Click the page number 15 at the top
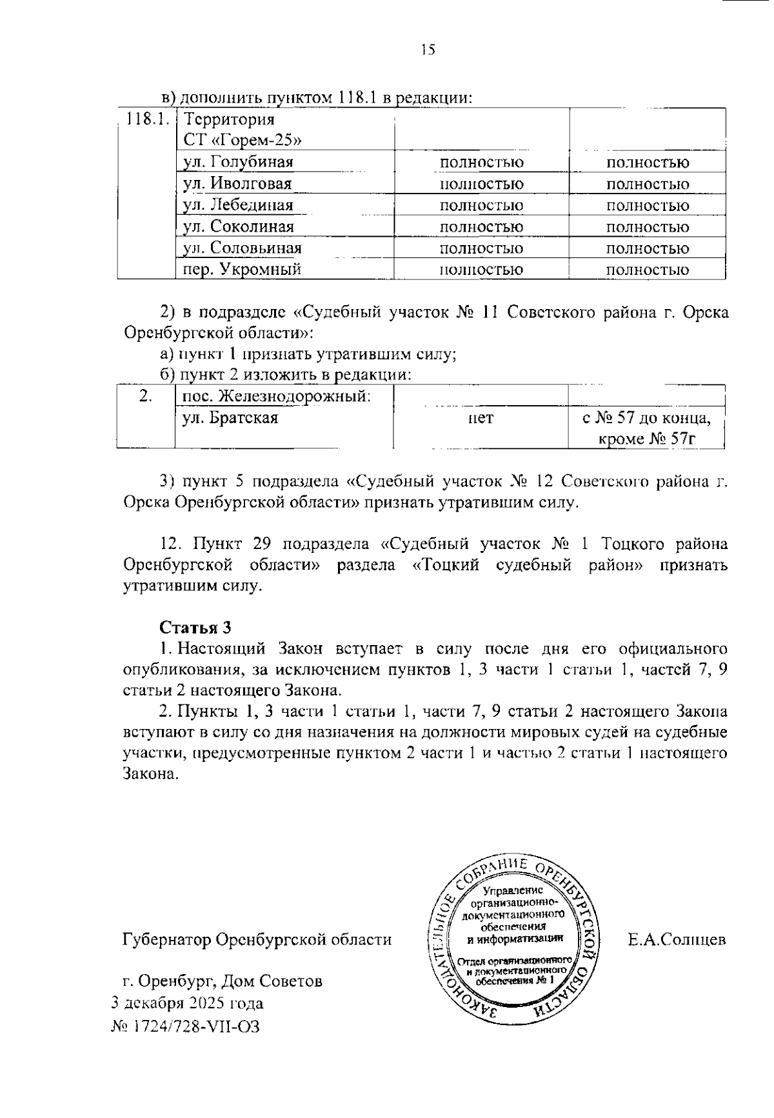coord(428,50)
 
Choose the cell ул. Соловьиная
coord(242,248)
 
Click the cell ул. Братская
coord(230,418)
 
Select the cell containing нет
coord(481,419)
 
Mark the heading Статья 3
coord(195,628)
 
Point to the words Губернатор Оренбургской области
coord(257,939)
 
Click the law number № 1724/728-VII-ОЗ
coord(186,1026)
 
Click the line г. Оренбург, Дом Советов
coord(223,981)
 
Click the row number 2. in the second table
coord(145,395)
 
